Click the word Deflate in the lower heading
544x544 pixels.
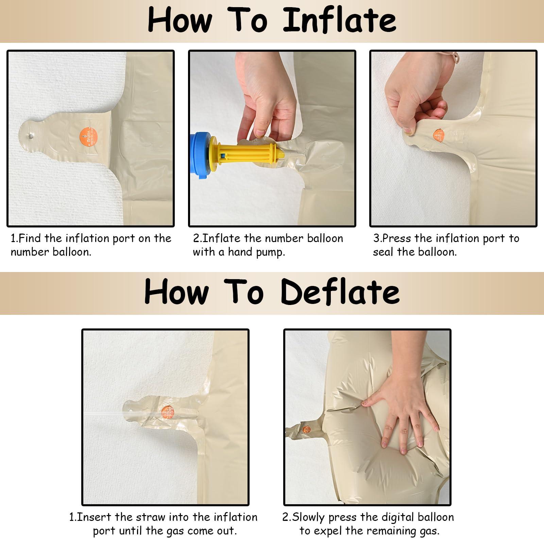pos(340,292)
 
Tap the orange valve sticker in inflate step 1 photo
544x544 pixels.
pos(88,137)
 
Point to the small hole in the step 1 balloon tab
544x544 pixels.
pos(31,136)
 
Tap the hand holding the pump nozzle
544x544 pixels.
pos(267,97)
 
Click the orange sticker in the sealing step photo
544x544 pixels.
pos(439,135)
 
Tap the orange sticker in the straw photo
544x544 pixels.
pos(167,412)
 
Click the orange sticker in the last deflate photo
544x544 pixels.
pos(306,429)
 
